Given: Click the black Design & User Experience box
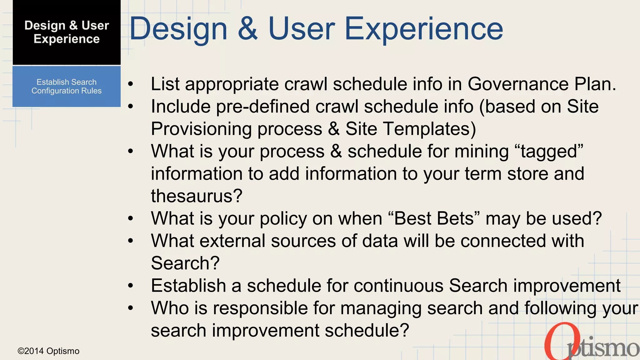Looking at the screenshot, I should [x=67, y=32].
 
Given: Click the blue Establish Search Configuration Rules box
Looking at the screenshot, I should [x=67, y=87].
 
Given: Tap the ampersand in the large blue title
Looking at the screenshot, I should [x=248, y=29].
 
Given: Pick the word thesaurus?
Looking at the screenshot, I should [x=197, y=196].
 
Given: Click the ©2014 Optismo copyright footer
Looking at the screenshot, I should [x=48, y=351].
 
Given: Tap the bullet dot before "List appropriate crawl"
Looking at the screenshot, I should [x=131, y=84].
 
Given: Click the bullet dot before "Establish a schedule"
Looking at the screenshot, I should [x=131, y=286].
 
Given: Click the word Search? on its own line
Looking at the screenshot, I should [x=185, y=263].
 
